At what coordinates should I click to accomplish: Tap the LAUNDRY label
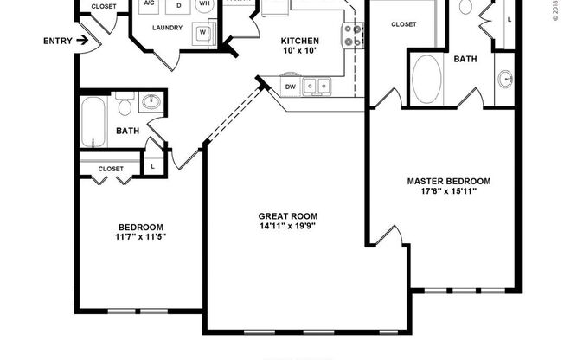pos(166,28)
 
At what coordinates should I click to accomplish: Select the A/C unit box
pos(148,4)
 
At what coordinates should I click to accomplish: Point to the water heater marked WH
pos(205,4)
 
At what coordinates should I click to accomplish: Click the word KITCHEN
pos(300,41)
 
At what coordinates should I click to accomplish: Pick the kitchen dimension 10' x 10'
pos(300,53)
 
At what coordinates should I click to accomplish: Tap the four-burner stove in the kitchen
pos(353,35)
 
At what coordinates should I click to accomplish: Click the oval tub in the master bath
pos(427,80)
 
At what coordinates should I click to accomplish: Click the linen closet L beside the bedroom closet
pos(152,166)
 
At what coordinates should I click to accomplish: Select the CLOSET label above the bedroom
pos(111,169)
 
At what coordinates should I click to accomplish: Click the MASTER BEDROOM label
pos(449,181)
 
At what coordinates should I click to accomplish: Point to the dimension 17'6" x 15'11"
pos(449,191)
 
